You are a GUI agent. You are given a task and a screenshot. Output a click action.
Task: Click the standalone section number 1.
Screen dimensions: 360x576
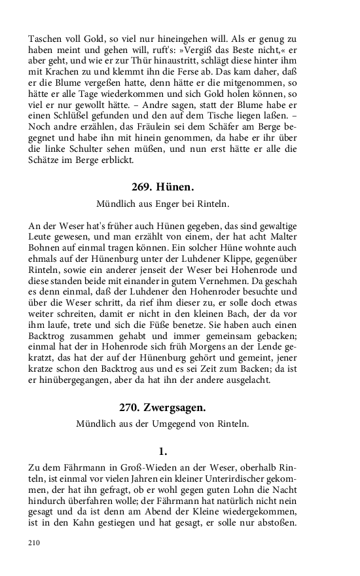pos(164,452)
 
